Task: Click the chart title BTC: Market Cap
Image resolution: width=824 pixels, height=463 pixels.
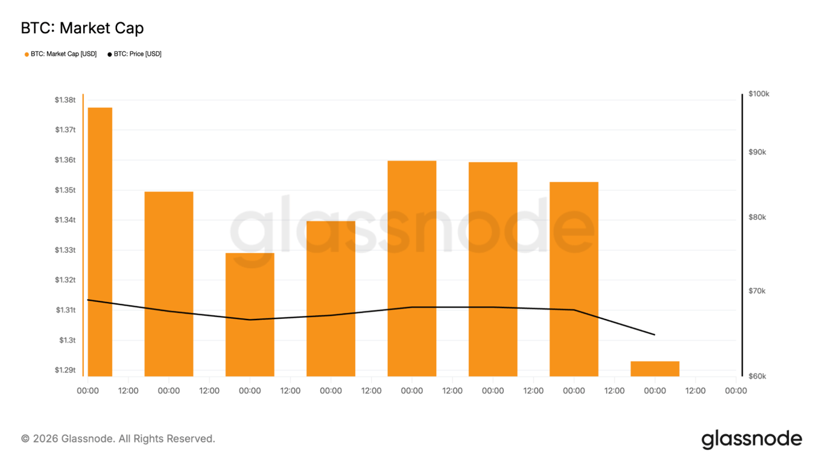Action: click(82, 28)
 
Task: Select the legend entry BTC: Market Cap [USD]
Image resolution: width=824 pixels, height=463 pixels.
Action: click(63, 54)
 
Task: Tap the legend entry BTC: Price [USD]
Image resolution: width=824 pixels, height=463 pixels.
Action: click(138, 54)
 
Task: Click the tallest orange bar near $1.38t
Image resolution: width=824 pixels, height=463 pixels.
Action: click(100, 241)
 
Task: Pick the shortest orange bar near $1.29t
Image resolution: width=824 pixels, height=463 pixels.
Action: click(654, 368)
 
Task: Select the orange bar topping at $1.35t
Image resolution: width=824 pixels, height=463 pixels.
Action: click(169, 283)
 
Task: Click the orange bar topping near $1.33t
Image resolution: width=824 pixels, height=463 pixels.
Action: click(250, 313)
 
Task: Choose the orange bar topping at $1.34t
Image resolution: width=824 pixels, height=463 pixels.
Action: click(331, 298)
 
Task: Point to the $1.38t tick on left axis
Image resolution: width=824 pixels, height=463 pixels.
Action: click(65, 100)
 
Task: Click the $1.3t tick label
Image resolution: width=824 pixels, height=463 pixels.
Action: click(67, 340)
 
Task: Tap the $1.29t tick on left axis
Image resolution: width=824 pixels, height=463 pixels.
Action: click(65, 370)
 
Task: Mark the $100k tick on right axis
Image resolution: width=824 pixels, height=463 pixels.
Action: click(758, 94)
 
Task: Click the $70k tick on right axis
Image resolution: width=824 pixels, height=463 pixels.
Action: click(757, 291)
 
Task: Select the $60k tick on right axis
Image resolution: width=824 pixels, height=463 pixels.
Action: click(757, 376)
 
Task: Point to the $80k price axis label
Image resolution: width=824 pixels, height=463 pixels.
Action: click(757, 217)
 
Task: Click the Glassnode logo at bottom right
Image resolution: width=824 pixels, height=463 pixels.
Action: click(752, 439)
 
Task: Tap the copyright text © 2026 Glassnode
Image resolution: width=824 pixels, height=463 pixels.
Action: click(118, 439)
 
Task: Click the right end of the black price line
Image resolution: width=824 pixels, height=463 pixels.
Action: click(654, 335)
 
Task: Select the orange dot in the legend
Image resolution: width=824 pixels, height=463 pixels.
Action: click(27, 55)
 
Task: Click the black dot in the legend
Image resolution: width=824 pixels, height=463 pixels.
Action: click(110, 55)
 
